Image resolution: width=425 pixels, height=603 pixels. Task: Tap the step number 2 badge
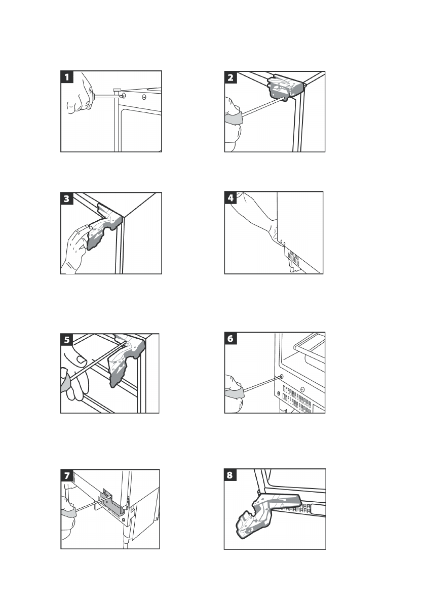pos(231,77)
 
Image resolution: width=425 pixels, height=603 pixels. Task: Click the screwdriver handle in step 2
pos(234,119)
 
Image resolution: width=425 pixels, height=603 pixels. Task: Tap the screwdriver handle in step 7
pos(68,513)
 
